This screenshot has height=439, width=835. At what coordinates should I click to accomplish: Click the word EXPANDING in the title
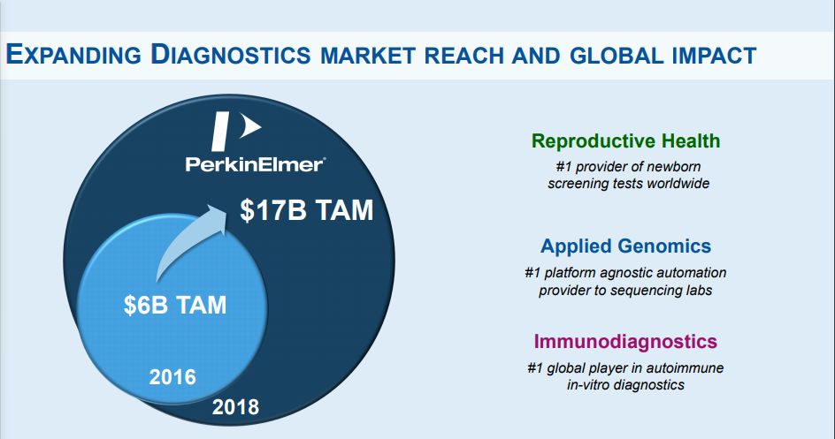pyautogui.click(x=73, y=55)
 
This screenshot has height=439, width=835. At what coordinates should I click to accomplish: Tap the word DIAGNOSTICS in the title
pyautogui.click(x=231, y=55)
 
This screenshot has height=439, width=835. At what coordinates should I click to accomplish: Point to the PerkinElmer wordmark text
pyautogui.click(x=256, y=163)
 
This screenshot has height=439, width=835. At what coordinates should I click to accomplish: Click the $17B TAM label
pyautogui.click(x=306, y=210)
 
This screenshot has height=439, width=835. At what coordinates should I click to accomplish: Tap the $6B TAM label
pyautogui.click(x=175, y=305)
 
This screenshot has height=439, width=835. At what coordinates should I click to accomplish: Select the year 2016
pyautogui.click(x=172, y=377)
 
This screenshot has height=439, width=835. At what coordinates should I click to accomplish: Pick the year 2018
pyautogui.click(x=235, y=407)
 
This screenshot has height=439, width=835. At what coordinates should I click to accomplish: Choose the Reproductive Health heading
pyautogui.click(x=625, y=140)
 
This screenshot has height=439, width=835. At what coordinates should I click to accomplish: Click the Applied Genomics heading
pyautogui.click(x=625, y=246)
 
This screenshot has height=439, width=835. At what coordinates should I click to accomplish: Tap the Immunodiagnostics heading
pyautogui.click(x=625, y=341)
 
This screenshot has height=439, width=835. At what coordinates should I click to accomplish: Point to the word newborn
pyautogui.click(x=674, y=166)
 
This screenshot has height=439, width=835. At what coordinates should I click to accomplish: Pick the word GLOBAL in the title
pyautogui.click(x=617, y=56)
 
